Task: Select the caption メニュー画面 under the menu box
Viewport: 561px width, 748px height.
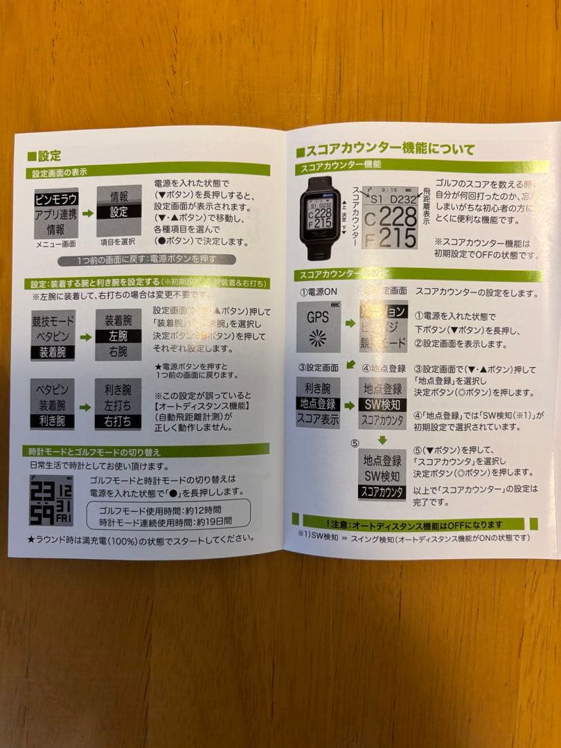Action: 56,244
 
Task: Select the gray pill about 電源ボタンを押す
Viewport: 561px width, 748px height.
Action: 156,260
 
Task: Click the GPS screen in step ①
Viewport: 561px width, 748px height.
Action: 318,326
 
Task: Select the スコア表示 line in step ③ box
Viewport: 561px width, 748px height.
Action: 318,418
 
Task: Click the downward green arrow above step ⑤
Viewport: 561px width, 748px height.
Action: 382,440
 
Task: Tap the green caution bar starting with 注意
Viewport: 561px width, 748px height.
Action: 420,524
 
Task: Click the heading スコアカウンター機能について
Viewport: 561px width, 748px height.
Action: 385,148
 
